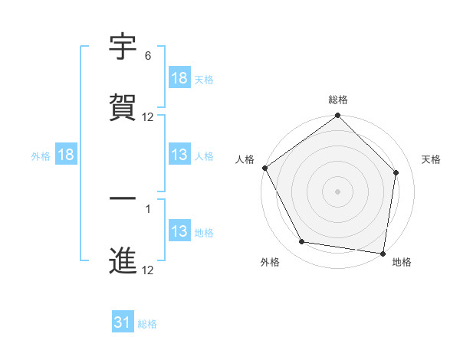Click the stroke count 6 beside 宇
click(148, 57)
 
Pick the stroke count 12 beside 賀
click(148, 117)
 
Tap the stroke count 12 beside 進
click(148, 270)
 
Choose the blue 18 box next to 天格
click(179, 78)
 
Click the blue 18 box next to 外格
click(66, 155)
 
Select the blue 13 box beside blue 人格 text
click(179, 155)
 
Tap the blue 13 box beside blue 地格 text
click(179, 231)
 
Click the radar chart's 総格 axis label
click(338, 100)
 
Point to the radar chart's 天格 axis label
click(432, 159)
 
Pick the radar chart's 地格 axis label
click(402, 262)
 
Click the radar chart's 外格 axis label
click(270, 262)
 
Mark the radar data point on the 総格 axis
click(338, 116)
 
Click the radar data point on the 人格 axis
click(265, 168)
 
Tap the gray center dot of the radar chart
click(338, 191)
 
